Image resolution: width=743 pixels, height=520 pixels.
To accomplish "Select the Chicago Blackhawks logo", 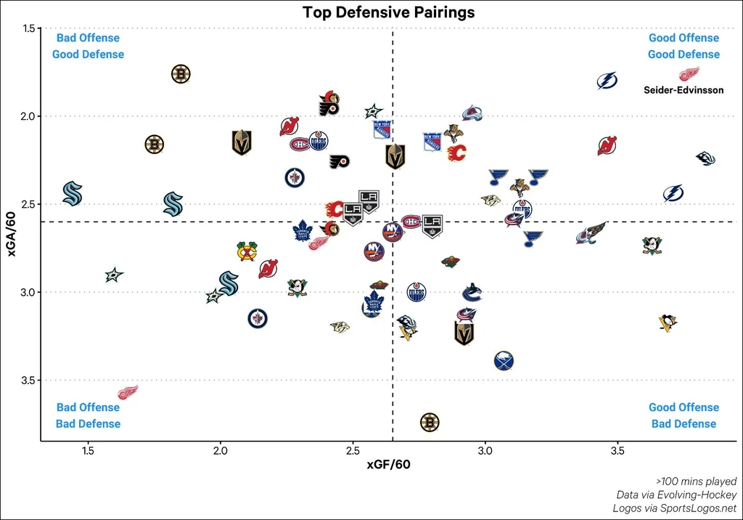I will pos(247,251).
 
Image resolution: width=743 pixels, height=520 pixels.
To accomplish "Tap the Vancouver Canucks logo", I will pos(472,292).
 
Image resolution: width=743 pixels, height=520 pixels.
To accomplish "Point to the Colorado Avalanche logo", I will pos(472,113).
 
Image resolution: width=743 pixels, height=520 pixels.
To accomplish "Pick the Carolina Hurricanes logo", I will pos(705,158).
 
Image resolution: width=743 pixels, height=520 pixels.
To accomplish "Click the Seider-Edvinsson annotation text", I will pos(683,90).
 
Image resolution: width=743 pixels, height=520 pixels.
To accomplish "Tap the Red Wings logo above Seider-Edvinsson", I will pos(689,74).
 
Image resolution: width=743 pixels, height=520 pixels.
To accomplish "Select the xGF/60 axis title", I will pos(389,465).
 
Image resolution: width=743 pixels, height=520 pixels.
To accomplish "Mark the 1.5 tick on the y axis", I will pos(30,28).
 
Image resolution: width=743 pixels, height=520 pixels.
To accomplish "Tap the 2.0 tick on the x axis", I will pos(221,450).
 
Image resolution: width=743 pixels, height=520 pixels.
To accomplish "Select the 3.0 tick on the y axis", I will pos(30,292).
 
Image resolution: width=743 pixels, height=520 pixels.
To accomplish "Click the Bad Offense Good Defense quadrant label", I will pos(88,46).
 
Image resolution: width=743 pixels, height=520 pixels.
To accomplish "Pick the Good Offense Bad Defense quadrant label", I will pos(684,415).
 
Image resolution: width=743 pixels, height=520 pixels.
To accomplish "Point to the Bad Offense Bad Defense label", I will pos(88,415).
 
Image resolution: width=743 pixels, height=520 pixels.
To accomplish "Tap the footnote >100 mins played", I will pos(696,481).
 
